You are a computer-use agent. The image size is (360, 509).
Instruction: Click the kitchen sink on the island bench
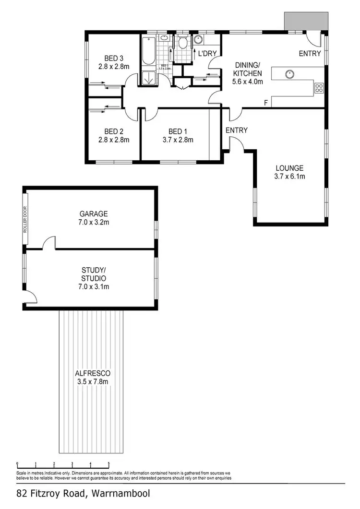pos(289,74)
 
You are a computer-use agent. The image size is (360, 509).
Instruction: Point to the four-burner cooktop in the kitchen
pos(319,87)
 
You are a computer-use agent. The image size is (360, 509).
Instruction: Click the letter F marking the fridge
pos(266,103)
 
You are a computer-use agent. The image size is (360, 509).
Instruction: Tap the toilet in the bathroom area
pos(182,44)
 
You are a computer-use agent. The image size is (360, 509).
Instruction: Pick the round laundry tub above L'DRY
pos(197,40)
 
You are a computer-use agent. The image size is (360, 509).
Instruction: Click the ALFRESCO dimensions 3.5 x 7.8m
pos(93,381)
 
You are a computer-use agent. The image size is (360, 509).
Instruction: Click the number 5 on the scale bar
pos(108,464)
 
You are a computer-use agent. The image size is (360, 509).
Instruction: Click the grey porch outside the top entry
pos(306,20)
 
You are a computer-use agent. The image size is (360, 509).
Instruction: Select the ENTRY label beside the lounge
pos(236,130)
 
